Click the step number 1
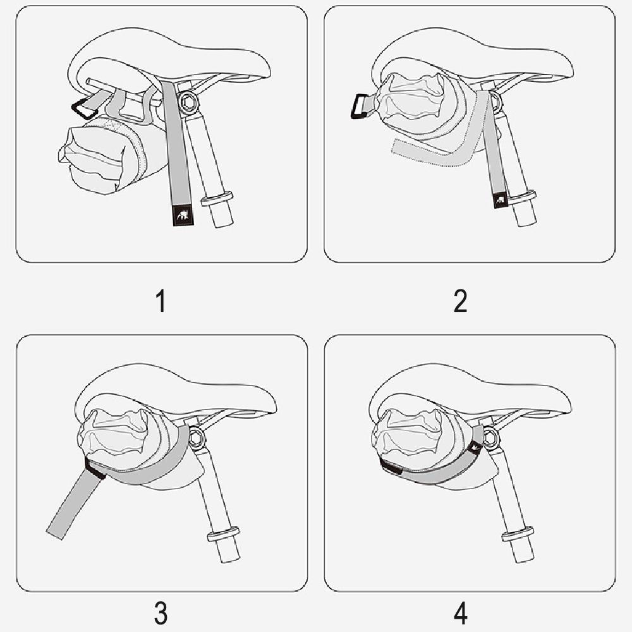tap(161, 301)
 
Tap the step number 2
tap(461, 301)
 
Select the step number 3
tap(161, 612)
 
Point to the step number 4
tap(461, 612)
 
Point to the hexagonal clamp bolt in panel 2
tap(494, 99)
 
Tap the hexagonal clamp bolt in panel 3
tap(197, 435)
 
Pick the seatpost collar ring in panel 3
tap(222, 535)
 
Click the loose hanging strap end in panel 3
tap(70, 506)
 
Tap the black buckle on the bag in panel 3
tap(95, 470)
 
